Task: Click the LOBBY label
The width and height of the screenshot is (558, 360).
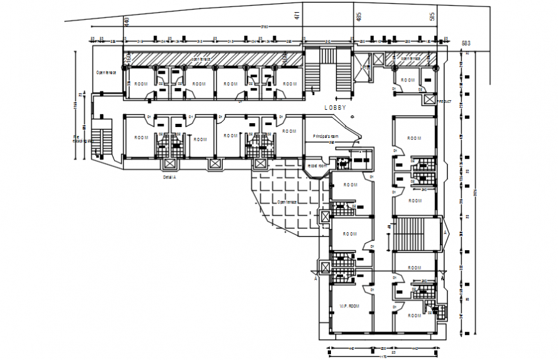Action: [335, 108]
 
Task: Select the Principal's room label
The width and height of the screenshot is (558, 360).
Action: [325, 137]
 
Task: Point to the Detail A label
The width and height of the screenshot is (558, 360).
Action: [169, 176]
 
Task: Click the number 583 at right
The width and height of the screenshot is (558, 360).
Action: [468, 43]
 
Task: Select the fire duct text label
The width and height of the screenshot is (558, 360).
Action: [444, 101]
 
